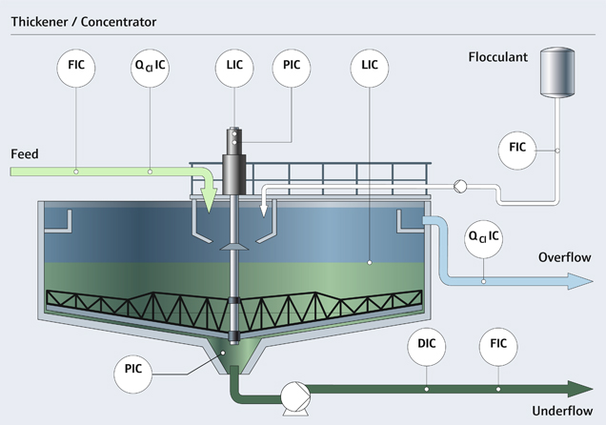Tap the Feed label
click(x=25, y=153)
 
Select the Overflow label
click(x=565, y=257)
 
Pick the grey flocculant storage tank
click(x=557, y=71)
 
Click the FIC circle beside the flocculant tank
click(x=517, y=148)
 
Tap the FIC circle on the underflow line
click(x=497, y=349)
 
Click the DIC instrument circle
click(x=427, y=349)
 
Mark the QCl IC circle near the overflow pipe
click(x=483, y=234)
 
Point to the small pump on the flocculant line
click(x=459, y=187)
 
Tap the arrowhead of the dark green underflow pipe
click(x=579, y=388)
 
